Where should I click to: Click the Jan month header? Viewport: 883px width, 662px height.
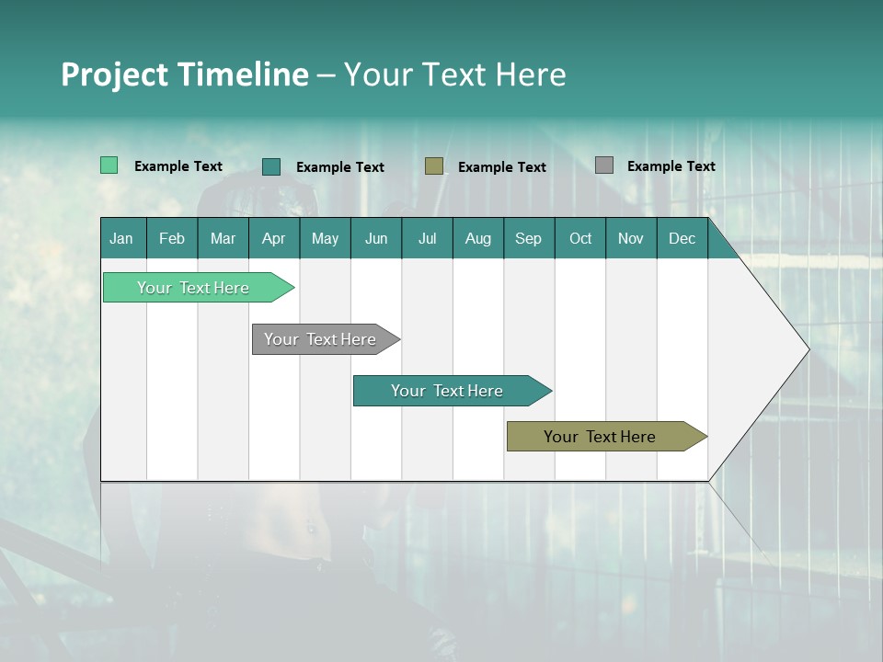pyautogui.click(x=122, y=238)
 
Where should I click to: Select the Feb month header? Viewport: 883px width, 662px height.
pyautogui.click(x=172, y=238)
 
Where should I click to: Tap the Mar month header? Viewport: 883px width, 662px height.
pyautogui.click(x=223, y=238)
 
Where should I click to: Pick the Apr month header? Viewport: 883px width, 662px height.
pyautogui.click(x=274, y=238)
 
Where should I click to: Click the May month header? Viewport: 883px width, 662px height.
pyautogui.click(x=325, y=238)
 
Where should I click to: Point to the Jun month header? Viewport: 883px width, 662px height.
pyautogui.click(x=376, y=238)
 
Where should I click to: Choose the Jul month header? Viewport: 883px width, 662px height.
pyautogui.click(x=427, y=238)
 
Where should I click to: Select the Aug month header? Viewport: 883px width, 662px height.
pyautogui.click(x=478, y=238)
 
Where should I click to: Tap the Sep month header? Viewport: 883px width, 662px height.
pyautogui.click(x=529, y=238)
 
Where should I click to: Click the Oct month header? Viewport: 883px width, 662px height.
pyautogui.click(x=580, y=238)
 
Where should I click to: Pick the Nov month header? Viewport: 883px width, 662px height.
pyautogui.click(x=631, y=238)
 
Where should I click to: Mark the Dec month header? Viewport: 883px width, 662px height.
pyautogui.click(x=682, y=238)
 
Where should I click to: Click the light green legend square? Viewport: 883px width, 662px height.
pyautogui.click(x=109, y=165)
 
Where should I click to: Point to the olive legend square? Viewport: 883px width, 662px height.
pyautogui.click(x=433, y=165)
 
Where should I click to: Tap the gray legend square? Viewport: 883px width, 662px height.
pyautogui.click(x=603, y=165)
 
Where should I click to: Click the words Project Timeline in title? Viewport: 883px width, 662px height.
pyautogui.click(x=185, y=74)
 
